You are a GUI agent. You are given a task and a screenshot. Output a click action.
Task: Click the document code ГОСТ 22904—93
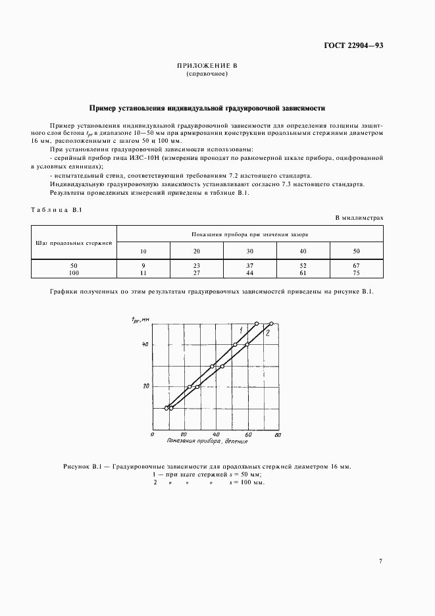point(353,45)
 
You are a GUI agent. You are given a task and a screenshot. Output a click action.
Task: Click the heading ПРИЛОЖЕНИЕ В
point(207,66)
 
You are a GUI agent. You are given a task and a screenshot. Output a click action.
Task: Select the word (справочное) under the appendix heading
point(207,74)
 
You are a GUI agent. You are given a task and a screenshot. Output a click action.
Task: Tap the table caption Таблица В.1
point(56,209)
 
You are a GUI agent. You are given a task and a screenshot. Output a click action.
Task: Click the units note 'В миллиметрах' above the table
point(359,217)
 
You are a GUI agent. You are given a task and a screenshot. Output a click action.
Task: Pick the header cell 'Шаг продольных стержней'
point(74,242)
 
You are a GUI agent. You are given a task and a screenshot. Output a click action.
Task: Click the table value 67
point(356,265)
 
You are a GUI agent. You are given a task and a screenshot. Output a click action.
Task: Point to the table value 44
point(250,271)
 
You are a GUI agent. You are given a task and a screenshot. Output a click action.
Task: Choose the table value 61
point(303,271)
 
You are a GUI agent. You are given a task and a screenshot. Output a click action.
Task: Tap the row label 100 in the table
point(74,271)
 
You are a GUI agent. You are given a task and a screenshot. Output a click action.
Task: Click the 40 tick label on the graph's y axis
point(146,345)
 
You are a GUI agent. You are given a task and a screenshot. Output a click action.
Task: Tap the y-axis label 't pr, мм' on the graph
point(140,319)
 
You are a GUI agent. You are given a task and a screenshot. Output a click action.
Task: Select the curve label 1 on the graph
point(241,328)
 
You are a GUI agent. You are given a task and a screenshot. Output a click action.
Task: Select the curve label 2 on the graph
point(268,334)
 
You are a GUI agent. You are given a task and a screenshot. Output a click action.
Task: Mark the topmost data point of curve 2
point(271,323)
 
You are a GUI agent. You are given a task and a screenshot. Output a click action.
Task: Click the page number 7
point(380,561)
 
